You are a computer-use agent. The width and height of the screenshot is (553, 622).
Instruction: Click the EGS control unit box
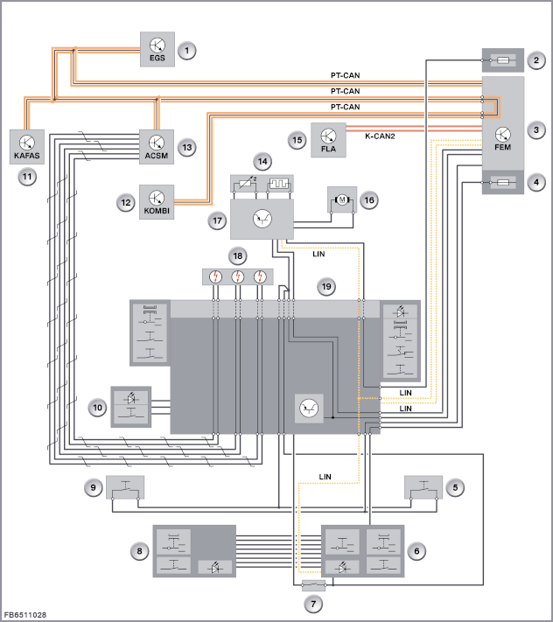[157, 49]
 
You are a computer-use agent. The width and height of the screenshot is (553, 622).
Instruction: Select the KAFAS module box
[26, 147]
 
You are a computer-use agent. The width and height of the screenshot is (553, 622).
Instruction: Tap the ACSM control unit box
[157, 147]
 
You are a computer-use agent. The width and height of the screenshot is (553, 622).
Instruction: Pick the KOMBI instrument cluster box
[157, 202]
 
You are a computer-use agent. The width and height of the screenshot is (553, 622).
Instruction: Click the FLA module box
[328, 140]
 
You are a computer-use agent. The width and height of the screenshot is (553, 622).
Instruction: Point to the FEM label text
[502, 147]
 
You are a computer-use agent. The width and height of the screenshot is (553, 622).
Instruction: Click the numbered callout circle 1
[187, 51]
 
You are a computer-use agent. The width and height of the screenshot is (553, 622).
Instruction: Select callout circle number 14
[262, 162]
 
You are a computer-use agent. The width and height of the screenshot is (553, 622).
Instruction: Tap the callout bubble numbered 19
[326, 286]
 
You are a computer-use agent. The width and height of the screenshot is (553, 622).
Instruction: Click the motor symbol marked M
[342, 200]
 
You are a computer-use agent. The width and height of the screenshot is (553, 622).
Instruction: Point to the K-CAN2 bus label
[380, 136]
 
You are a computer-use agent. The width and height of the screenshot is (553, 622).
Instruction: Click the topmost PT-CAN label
[345, 75]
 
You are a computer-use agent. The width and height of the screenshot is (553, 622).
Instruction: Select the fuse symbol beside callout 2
[503, 60]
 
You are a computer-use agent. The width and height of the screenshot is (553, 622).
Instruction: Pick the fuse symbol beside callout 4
[503, 183]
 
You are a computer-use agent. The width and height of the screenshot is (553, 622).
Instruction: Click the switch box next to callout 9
[125, 487]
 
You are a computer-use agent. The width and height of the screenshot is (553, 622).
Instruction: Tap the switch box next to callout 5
[423, 487]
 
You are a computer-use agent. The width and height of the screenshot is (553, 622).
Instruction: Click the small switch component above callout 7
[313, 585]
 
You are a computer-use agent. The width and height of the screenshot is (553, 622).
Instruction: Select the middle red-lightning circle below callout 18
[238, 276]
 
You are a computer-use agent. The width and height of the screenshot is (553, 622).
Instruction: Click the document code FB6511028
[25, 615]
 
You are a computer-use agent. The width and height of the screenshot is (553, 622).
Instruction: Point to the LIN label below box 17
[318, 254]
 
